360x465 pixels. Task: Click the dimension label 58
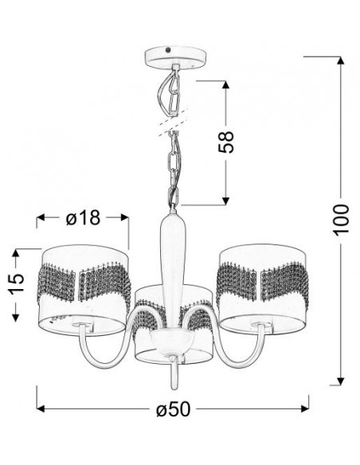point(226,142)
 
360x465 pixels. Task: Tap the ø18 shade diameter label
point(84,218)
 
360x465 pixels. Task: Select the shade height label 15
point(15,283)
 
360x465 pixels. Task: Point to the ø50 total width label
point(173,408)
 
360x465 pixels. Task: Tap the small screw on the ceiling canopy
point(168,50)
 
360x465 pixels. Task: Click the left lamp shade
point(84,290)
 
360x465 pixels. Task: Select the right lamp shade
point(264,288)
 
